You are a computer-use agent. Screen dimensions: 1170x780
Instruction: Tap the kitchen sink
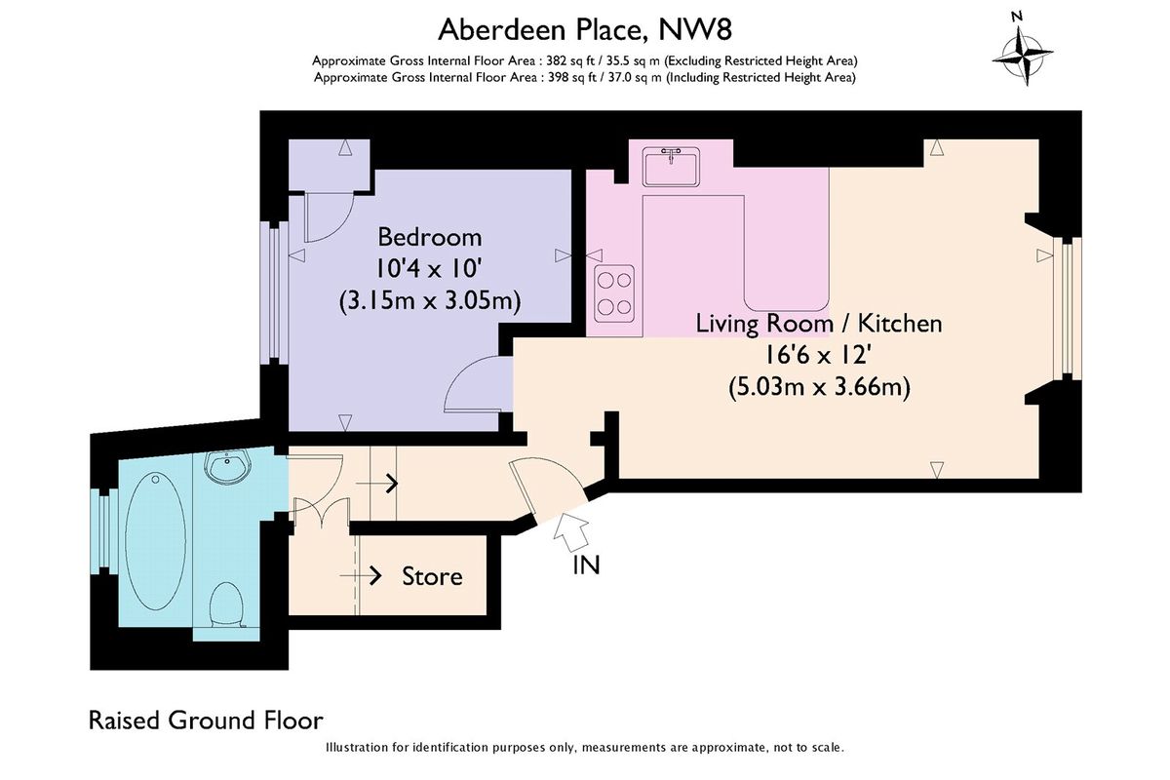point(671,167)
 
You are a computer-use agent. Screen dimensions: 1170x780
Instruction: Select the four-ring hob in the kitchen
point(614,293)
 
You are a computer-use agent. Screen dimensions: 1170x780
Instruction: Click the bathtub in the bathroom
point(155,541)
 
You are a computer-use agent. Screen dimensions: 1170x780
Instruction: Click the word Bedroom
point(429,237)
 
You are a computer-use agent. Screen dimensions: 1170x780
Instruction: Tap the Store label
point(432,576)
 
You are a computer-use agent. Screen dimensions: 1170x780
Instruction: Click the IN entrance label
point(586,565)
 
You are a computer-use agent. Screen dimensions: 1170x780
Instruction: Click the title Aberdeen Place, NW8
point(584,29)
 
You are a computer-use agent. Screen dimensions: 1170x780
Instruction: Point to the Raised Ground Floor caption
point(206,720)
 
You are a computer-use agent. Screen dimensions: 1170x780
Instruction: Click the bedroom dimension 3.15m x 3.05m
point(430,301)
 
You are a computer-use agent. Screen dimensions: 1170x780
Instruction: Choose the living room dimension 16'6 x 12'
point(818,356)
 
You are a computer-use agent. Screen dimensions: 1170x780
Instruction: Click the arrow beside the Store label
point(361,575)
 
